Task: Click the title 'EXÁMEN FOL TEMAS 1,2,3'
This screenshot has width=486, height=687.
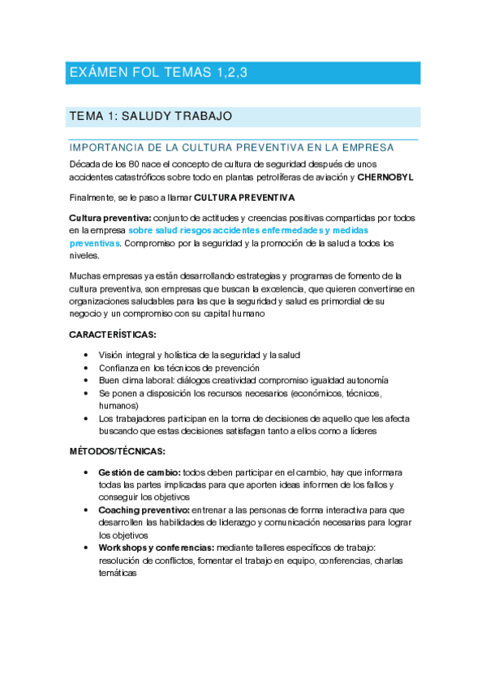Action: (x=157, y=73)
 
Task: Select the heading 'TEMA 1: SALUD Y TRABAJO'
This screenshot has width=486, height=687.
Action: (x=152, y=117)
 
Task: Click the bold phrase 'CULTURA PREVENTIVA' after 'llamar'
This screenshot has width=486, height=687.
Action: (x=245, y=198)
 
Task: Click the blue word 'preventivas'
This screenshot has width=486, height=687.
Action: (x=95, y=242)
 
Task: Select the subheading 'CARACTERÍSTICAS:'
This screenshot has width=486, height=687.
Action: (x=113, y=334)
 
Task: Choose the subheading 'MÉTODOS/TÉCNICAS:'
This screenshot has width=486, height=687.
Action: (x=117, y=451)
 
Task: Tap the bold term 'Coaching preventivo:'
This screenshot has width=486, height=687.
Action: (x=144, y=510)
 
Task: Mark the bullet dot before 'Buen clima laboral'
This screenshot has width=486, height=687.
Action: (x=86, y=380)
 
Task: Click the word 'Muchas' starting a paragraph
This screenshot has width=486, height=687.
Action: (x=84, y=276)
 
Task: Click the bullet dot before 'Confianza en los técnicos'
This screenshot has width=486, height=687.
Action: (x=86, y=368)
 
